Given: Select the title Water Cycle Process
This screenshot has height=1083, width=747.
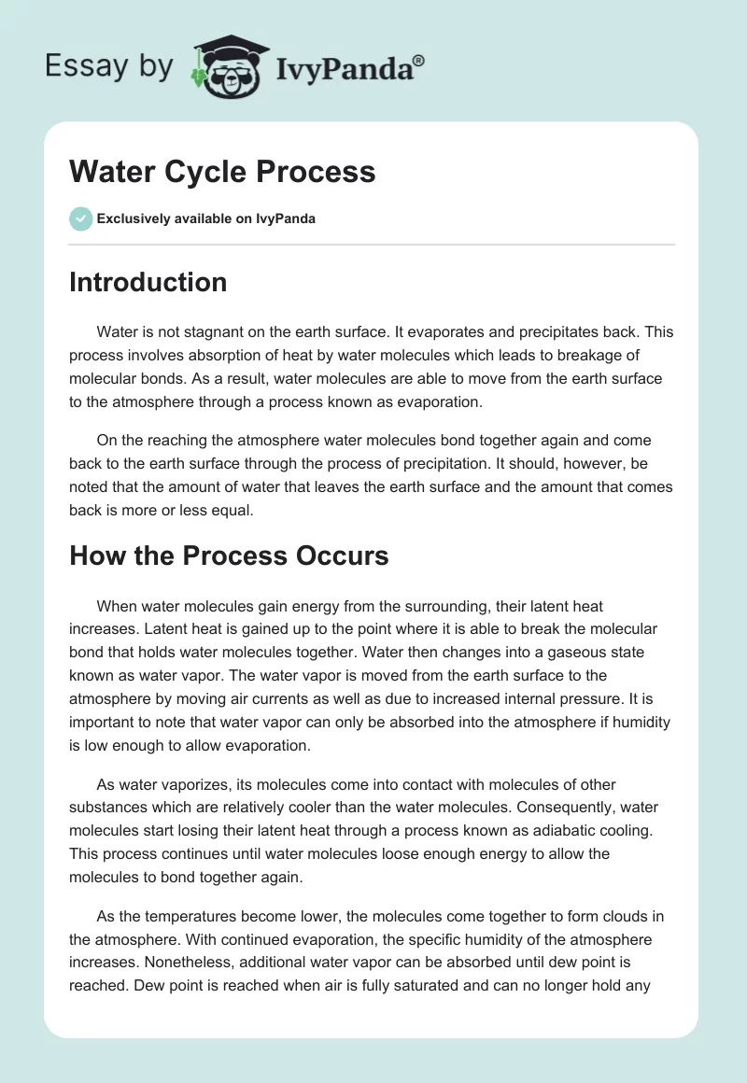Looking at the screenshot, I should click(222, 172).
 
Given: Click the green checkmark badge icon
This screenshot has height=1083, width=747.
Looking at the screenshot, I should click(80, 218).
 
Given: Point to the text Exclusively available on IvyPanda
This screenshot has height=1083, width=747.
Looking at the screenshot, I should click(206, 218).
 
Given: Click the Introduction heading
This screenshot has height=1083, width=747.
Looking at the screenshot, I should click(148, 282).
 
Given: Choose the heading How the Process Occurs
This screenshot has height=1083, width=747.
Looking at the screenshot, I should click(229, 556).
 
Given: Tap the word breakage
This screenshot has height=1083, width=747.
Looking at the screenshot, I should click(616, 355).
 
